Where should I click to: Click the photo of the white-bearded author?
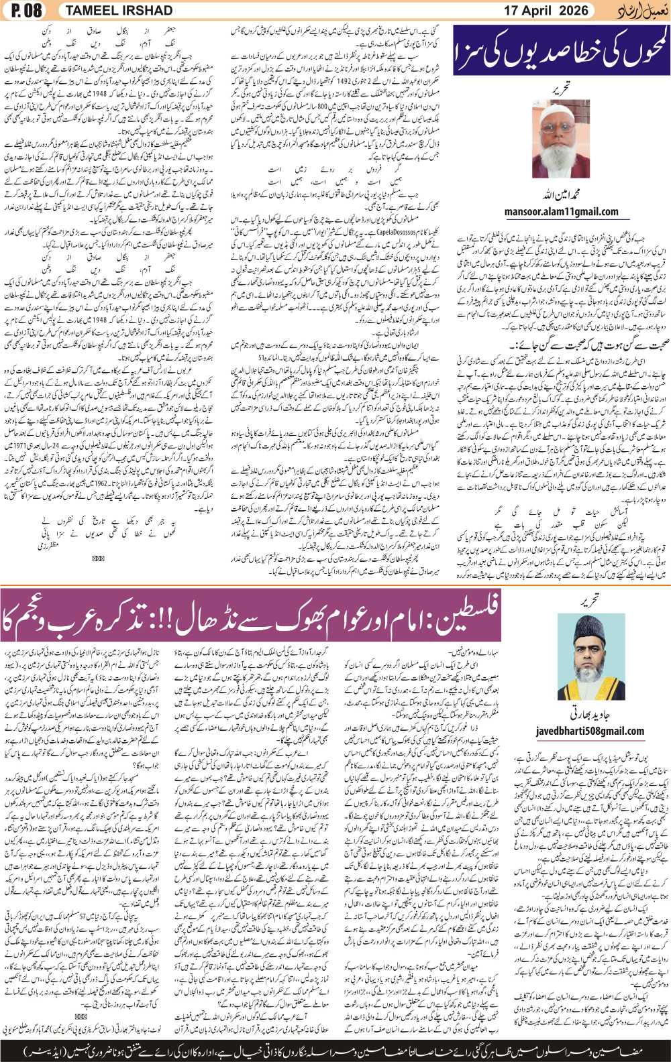pos(561,139)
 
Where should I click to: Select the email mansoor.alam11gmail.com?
pos(561,212)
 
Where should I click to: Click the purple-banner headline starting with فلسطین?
pos(250,615)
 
